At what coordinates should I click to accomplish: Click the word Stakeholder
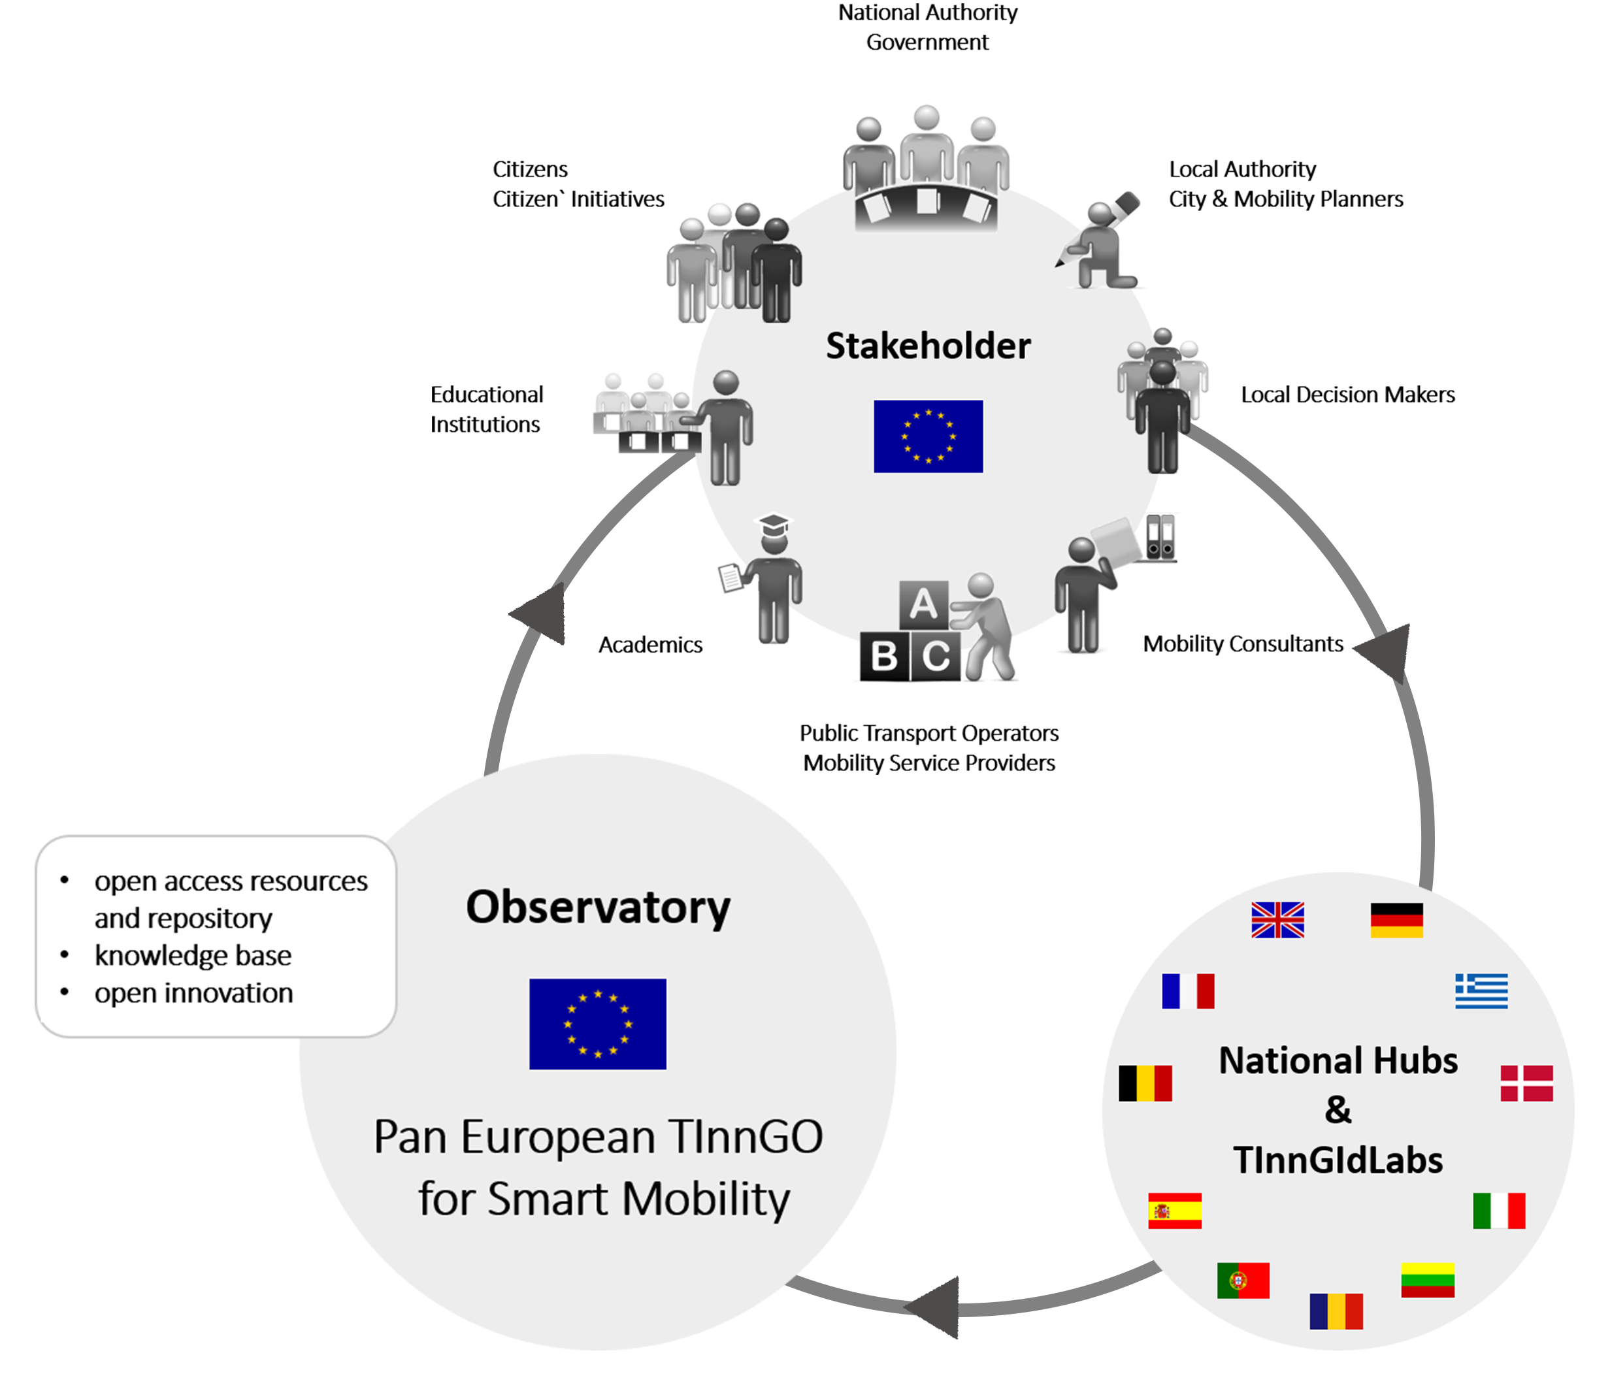928,346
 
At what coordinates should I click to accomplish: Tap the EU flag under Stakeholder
928,436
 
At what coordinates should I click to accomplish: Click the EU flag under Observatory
597,1024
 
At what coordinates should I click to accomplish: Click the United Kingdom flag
1277,920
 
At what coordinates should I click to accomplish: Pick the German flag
1396,920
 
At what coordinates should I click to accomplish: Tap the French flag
1187,991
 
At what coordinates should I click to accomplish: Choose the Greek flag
1481,991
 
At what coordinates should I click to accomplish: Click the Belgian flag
1145,1083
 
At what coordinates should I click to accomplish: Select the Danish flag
1526,1083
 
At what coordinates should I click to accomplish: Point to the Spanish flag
1174,1211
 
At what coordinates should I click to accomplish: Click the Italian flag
1499,1211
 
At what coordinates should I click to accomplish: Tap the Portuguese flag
1243,1281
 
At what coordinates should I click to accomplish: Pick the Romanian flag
1336,1311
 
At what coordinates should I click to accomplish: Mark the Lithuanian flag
1428,1281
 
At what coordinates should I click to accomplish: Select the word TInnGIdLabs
1338,1160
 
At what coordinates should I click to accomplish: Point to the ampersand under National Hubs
1338,1110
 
